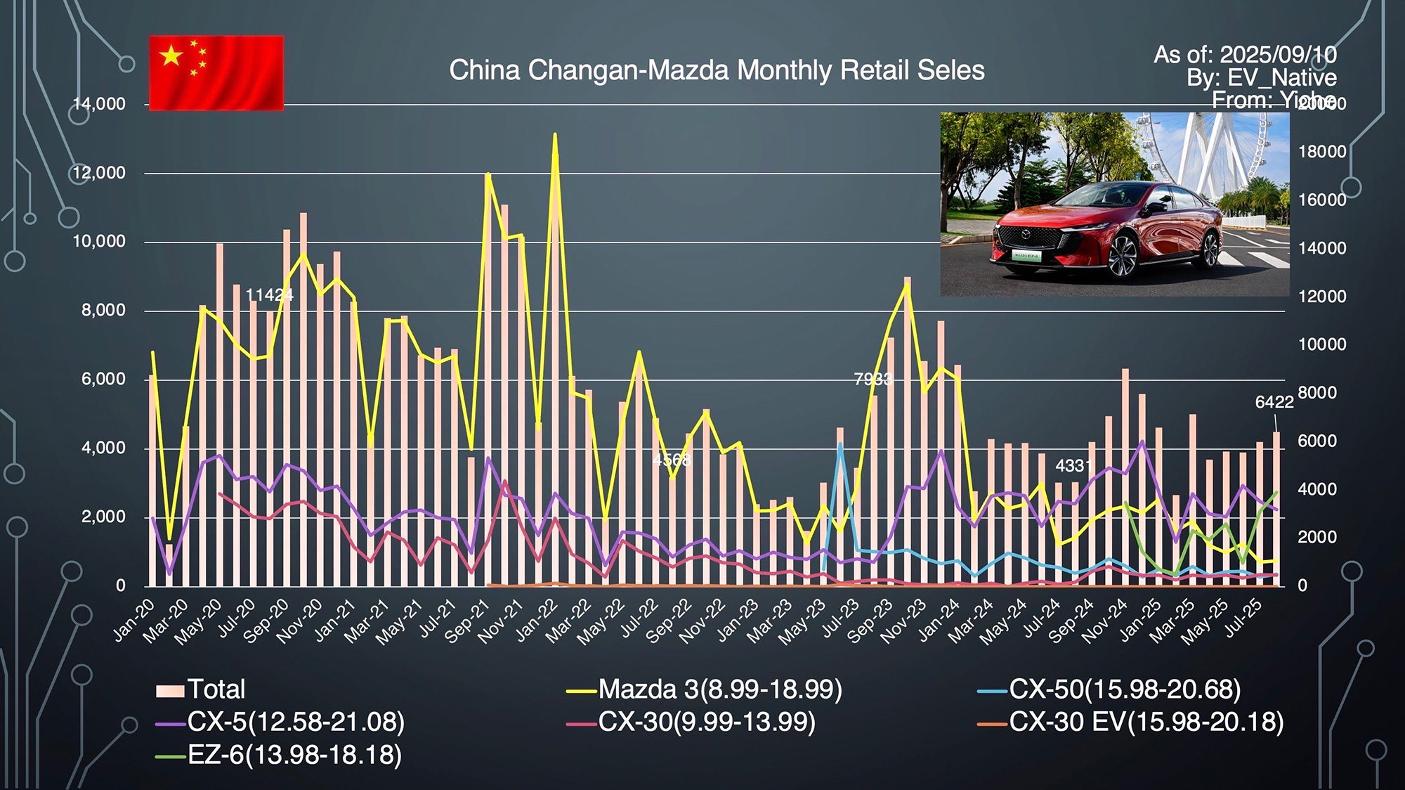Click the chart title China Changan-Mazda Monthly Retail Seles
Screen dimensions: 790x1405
point(717,70)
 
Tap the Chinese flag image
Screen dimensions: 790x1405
point(216,73)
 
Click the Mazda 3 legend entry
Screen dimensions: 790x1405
point(705,689)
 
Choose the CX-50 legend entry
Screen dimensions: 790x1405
point(1109,689)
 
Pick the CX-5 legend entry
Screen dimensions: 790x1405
point(280,722)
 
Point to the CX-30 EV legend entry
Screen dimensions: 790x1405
point(1131,722)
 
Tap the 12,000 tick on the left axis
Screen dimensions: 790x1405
point(99,173)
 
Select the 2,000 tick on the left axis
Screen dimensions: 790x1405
point(103,517)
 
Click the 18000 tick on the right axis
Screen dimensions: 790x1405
point(1322,152)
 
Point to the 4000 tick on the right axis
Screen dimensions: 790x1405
point(1322,489)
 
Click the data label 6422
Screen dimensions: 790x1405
point(1274,402)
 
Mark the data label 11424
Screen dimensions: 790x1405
point(269,295)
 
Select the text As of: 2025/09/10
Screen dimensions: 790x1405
point(1245,55)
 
